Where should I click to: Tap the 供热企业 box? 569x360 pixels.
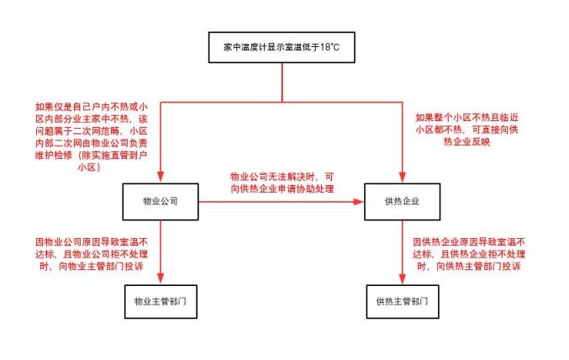coord(401,202)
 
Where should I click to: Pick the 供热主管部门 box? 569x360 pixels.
coord(401,300)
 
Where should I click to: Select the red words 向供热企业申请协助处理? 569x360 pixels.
coord(281,188)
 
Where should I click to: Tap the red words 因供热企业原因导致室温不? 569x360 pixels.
coord(469,241)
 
